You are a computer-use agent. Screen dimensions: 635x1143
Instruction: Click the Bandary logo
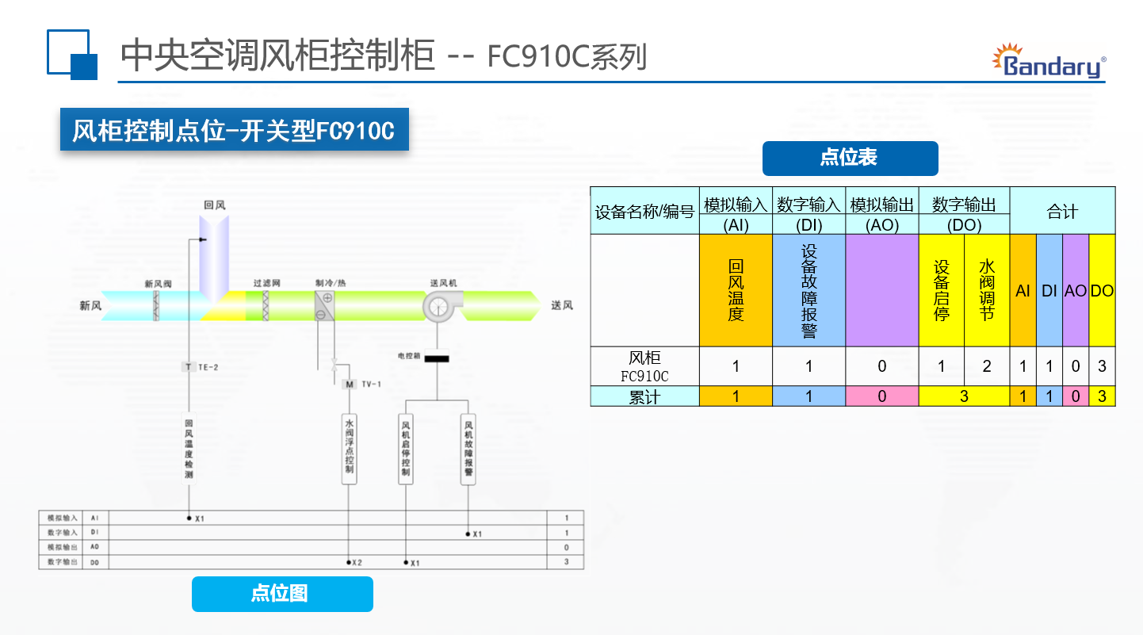point(1049,62)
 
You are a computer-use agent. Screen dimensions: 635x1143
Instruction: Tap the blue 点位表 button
point(850,158)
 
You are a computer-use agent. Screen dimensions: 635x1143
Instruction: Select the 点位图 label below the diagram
point(281,594)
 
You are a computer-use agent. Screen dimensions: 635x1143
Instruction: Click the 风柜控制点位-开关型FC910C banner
point(234,129)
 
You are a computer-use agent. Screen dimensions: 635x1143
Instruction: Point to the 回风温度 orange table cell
point(736,290)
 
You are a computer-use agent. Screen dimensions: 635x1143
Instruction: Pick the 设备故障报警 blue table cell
point(809,290)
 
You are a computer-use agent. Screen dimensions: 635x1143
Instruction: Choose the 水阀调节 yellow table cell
point(987,290)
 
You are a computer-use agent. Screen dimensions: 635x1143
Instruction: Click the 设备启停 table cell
point(941,290)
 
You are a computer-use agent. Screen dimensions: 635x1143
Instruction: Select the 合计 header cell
point(1062,211)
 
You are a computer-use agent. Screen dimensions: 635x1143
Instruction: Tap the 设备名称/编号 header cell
point(644,211)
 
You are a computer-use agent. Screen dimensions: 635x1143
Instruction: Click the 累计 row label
point(644,396)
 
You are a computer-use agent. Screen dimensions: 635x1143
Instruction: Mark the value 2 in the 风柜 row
point(987,366)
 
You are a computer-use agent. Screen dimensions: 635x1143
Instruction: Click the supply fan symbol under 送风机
point(437,306)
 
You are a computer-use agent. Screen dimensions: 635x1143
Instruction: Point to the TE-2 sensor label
point(201,367)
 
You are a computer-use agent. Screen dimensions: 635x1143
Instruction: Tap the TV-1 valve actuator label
point(365,384)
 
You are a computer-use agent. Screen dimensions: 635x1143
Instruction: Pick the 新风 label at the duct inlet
point(90,306)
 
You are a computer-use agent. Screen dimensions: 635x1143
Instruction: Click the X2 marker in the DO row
point(355,563)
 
